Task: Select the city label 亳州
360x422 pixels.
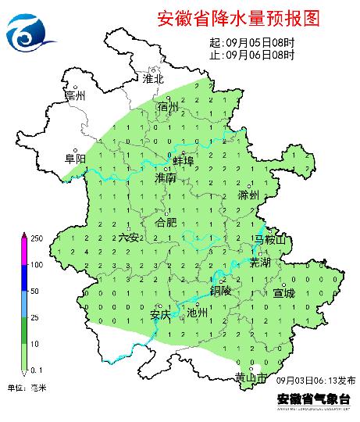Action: click(75, 96)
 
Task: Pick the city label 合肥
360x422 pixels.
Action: click(166, 223)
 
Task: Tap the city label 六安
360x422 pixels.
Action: click(130, 237)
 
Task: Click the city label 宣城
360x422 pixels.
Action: click(284, 294)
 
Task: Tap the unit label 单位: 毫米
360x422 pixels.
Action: click(29, 388)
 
